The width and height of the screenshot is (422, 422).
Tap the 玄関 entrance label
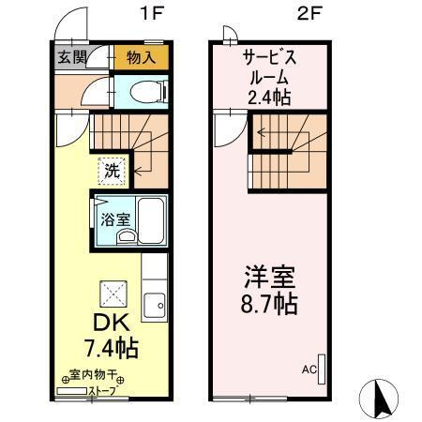point(71,57)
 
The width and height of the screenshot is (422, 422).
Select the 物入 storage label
point(141,57)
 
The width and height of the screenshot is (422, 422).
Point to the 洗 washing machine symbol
point(112,171)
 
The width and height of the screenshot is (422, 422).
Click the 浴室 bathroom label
point(115,221)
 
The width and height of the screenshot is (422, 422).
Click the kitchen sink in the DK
point(155,305)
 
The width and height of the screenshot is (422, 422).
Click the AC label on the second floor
point(308,369)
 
